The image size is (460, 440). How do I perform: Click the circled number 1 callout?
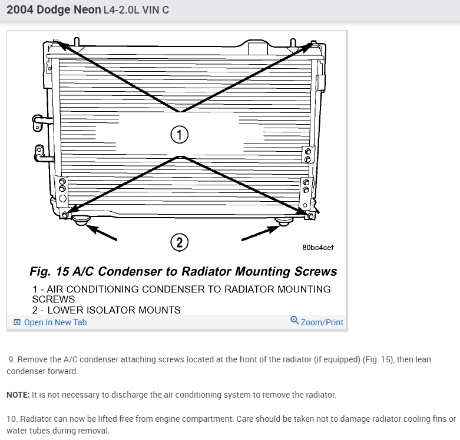point(179,135)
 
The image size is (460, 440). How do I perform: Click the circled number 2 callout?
point(179,242)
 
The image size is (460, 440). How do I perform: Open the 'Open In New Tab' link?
point(55,322)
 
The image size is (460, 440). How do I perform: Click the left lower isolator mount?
point(81,221)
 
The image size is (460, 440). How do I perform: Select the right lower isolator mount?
point(284,221)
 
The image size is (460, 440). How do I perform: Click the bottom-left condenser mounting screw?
point(65,214)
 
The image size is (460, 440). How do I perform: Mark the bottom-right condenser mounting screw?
point(310,216)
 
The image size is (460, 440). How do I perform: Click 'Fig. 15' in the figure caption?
point(51,272)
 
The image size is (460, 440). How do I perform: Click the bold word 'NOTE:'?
point(18,395)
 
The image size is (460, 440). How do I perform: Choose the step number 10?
point(12,419)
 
